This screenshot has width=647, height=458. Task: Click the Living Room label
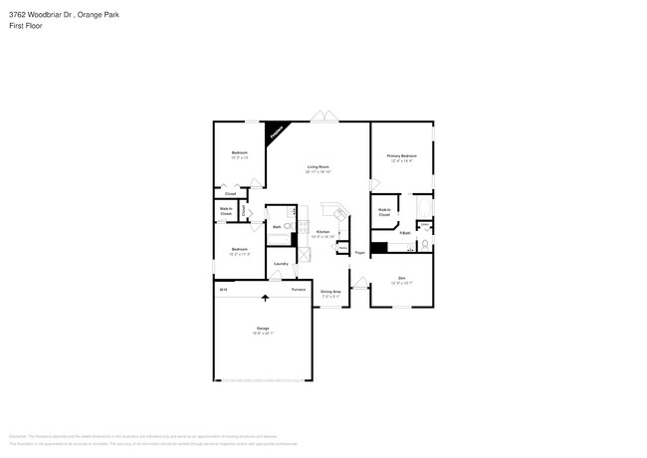319,166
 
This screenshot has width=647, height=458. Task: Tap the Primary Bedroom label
402,156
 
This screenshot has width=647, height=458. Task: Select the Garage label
263,328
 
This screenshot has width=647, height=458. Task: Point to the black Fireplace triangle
276,130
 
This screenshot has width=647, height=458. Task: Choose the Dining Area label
330,292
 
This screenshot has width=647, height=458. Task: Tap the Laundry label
281,263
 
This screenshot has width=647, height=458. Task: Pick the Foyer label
360,253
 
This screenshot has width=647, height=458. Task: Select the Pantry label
342,247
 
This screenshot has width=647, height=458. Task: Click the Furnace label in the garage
298,289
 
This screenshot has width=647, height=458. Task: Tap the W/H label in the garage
224,289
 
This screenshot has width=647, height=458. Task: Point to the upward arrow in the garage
266,296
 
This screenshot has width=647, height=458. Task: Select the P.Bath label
405,232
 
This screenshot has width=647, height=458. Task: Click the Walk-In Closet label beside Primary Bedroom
384,212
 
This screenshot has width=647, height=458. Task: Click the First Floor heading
25,26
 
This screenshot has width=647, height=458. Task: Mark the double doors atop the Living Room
322,118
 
